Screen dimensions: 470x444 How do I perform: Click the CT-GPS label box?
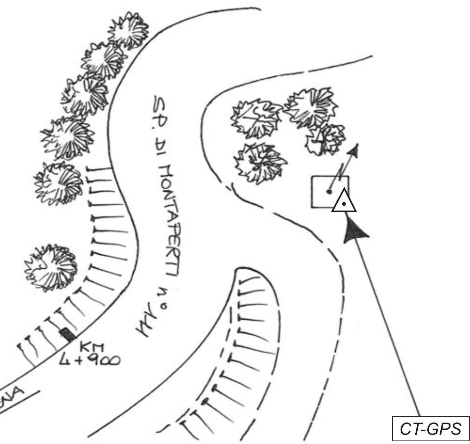(431, 428)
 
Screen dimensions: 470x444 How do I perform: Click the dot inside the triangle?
(344, 204)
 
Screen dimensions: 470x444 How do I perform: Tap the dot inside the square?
(329, 191)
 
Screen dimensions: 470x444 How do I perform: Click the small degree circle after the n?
(165, 306)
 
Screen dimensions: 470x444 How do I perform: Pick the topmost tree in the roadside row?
(129, 30)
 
